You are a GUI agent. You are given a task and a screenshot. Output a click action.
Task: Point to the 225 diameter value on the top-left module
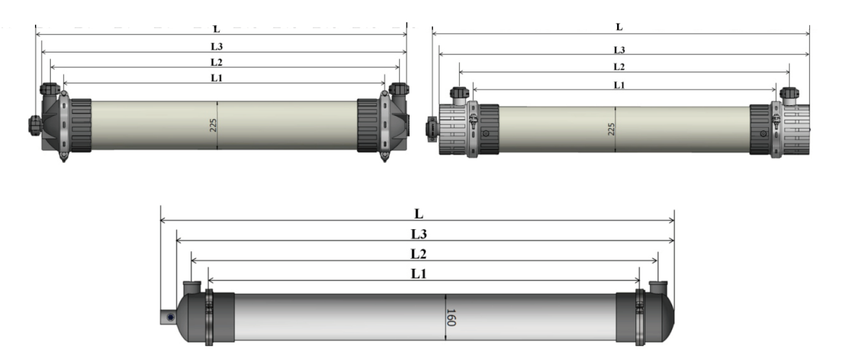click(213, 125)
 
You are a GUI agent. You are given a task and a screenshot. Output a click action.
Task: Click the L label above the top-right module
click(619, 27)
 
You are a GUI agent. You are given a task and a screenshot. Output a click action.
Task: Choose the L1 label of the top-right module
click(619, 85)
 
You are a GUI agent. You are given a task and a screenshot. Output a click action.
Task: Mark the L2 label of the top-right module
click(619, 67)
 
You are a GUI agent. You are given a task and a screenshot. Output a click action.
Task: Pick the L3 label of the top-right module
click(619, 50)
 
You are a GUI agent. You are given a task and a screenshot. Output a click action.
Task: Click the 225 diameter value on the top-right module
click(612, 129)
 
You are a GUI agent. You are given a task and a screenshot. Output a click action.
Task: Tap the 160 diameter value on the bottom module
click(451, 317)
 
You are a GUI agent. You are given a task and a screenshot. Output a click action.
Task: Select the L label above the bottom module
click(419, 214)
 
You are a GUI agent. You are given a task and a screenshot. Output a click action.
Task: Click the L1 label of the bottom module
click(419, 274)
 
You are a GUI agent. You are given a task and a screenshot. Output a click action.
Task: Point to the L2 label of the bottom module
click(419, 253)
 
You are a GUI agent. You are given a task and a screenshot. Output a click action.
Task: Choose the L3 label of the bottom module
click(419, 234)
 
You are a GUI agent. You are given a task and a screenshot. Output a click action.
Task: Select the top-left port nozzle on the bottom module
click(192, 287)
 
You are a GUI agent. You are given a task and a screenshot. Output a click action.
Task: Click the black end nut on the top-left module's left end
click(34, 125)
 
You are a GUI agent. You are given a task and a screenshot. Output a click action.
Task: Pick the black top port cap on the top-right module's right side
click(789, 93)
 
